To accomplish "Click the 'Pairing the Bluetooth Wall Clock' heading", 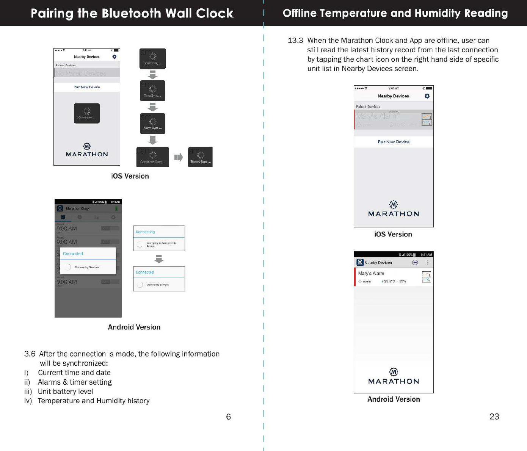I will [132, 13].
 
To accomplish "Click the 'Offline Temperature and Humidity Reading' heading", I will [395, 13].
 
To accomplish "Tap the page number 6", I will [228, 417].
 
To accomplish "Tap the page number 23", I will [494, 417].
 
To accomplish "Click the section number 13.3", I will [295, 41].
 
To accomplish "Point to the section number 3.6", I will [30, 354].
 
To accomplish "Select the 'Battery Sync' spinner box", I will [200, 157].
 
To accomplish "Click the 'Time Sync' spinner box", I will [152, 91].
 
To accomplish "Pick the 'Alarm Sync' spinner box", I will [152, 123].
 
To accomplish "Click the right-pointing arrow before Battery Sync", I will [178, 157].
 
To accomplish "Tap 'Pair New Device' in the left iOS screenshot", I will [86, 87].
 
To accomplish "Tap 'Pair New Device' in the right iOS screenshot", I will [394, 142].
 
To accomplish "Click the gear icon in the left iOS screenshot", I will [114, 57].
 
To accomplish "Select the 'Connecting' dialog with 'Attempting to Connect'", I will [159, 238].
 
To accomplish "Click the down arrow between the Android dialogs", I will [159, 259].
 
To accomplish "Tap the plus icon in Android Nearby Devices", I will [415, 262].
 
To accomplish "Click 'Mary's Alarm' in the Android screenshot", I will [371, 273].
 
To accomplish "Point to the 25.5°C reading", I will [389, 281].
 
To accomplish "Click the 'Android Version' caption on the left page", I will [134, 327].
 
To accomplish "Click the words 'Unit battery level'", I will [65, 391].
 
